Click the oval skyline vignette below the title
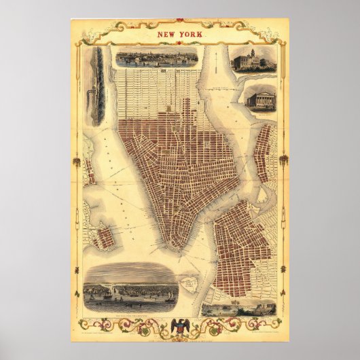157,58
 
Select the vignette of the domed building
253,59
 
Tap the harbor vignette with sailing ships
132,288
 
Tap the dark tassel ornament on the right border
283,160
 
